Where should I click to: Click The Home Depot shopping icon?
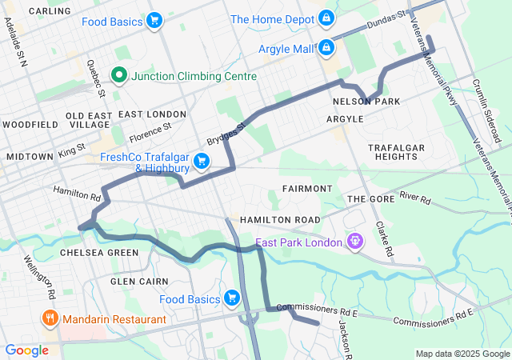pyautogui.click(x=326, y=18)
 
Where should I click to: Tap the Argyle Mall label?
pyautogui.click(x=286, y=49)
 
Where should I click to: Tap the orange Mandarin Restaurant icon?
pyautogui.click(x=50, y=318)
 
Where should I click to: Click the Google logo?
pyautogui.click(x=26, y=350)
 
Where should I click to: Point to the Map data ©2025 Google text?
pyautogui.click(x=462, y=354)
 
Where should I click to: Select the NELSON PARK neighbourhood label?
pyautogui.click(x=366, y=102)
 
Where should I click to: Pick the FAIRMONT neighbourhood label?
pyautogui.click(x=306, y=189)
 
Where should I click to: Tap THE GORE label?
pyautogui.click(x=366, y=198)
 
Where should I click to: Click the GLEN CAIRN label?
pyautogui.click(x=139, y=282)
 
